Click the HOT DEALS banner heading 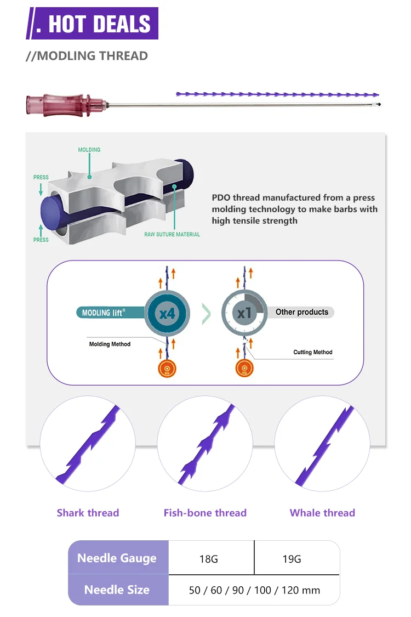[92, 23]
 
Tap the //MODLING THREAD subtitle [87, 56]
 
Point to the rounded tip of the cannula [379, 105]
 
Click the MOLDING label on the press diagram [89, 150]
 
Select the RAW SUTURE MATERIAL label [172, 234]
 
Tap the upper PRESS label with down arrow [41, 177]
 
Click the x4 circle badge [167, 314]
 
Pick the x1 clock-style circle [244, 313]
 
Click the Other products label [301, 312]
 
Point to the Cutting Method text [313, 352]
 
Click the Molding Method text [110, 344]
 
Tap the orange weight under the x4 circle [167, 369]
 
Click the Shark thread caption [88, 513]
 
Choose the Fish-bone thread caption [206, 513]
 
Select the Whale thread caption [323, 513]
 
